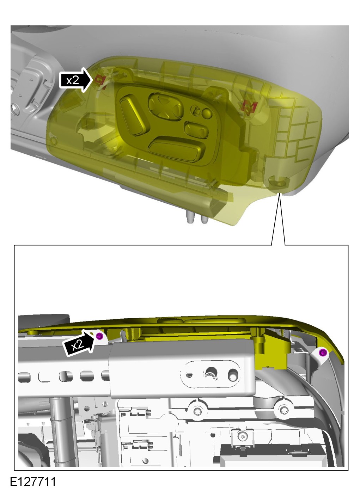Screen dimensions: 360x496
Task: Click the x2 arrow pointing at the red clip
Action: pos(76,80)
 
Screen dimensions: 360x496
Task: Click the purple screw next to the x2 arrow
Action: pos(100,336)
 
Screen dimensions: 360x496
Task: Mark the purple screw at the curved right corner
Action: pos(323,352)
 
